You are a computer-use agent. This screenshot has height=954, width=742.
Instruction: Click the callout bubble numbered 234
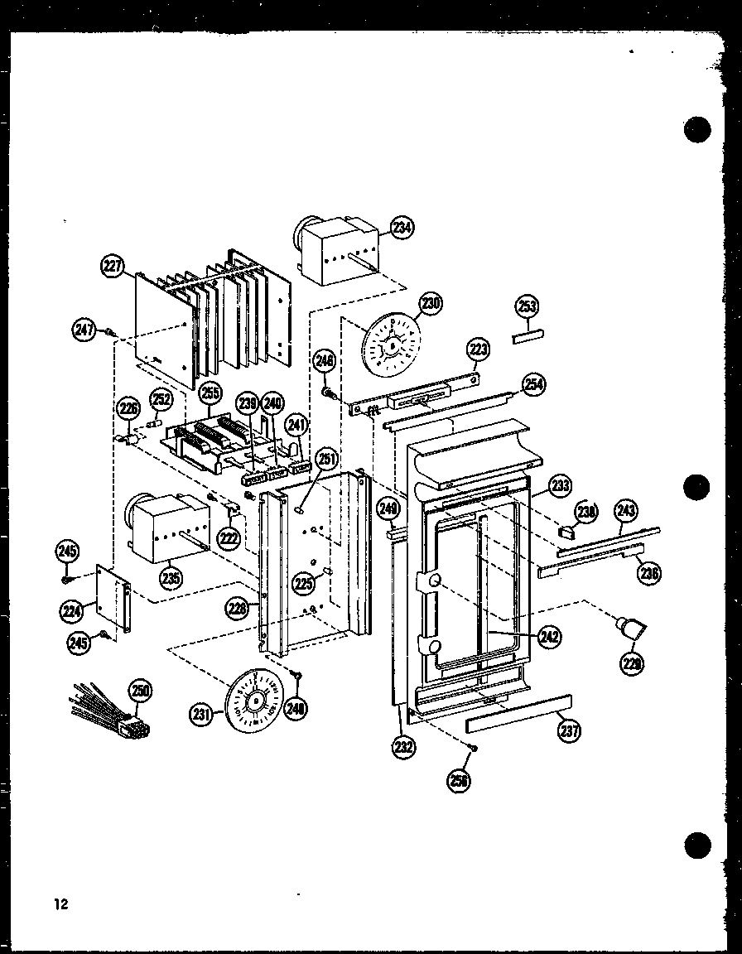point(402,229)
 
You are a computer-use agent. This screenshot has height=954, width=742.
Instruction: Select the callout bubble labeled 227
point(113,266)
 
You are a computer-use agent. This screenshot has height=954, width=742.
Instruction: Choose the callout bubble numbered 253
point(528,306)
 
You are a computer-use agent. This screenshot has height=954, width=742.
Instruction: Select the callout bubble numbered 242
point(548,636)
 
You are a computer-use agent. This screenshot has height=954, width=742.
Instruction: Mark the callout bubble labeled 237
point(569,730)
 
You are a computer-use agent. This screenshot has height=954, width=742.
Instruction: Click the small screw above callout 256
point(472,749)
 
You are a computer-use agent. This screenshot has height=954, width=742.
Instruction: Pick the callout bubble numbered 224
point(70,611)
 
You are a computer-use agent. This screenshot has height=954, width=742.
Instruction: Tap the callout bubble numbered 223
point(479,349)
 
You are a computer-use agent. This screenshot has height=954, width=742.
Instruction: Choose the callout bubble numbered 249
point(387,507)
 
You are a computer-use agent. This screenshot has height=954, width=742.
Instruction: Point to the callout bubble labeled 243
point(625,511)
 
